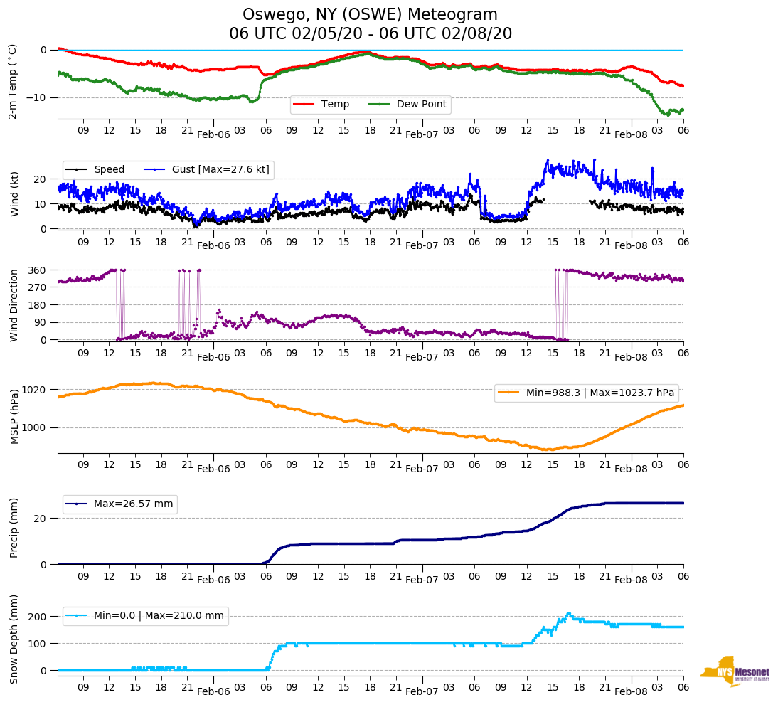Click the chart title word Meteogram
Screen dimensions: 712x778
pyautogui.click(x=454, y=15)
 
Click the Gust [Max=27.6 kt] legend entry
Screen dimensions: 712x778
pyautogui.click(x=220, y=170)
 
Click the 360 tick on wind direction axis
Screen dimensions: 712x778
pyautogui.click(x=38, y=270)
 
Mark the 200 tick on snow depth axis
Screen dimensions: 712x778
pyautogui.click(x=38, y=616)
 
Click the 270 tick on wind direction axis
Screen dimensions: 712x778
pyautogui.click(x=38, y=287)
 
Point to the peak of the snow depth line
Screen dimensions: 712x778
pyautogui.click(x=567, y=613)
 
